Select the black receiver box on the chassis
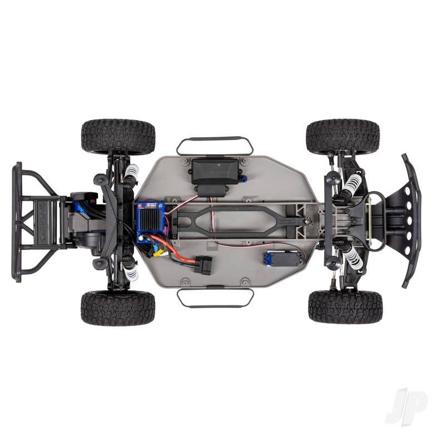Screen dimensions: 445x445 coord(213,171)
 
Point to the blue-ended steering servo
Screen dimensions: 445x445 coord(276,258)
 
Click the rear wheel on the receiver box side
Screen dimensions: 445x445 coord(117,136)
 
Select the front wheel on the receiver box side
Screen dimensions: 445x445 coord(343,136)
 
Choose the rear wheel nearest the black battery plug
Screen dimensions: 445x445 coord(117,308)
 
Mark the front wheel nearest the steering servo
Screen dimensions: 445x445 coord(345,306)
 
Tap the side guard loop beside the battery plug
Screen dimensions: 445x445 coord(215,298)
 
